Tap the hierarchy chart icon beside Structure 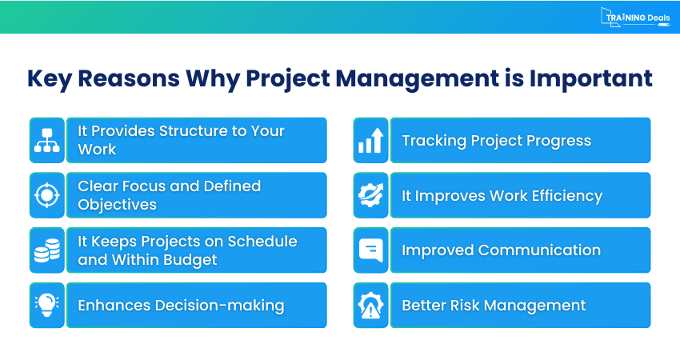click(x=46, y=141)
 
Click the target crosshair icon click(x=46, y=195)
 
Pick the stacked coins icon click(x=46, y=250)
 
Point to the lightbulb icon click(x=46, y=305)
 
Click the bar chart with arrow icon click(x=370, y=141)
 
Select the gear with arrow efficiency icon click(x=370, y=195)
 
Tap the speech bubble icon click(x=370, y=250)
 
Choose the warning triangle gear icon click(x=370, y=305)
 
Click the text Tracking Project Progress click(x=496, y=141)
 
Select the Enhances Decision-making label click(x=181, y=305)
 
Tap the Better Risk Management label click(x=494, y=305)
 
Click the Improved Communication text click(x=501, y=250)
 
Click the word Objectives click(x=117, y=205)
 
